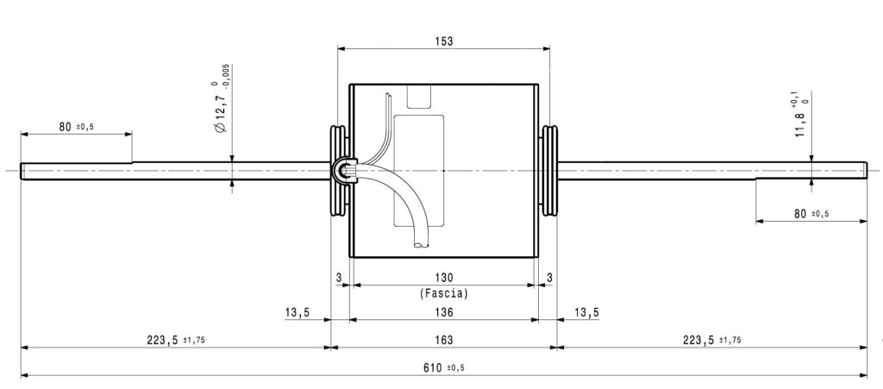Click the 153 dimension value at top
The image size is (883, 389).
click(x=443, y=41)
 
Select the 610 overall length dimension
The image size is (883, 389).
click(x=444, y=368)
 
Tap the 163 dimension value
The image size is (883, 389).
click(x=444, y=340)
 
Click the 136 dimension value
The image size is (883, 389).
click(x=444, y=312)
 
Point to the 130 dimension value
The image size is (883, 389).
click(x=444, y=277)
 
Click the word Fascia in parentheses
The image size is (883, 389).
click(x=444, y=293)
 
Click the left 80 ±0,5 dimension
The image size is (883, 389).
click(x=76, y=127)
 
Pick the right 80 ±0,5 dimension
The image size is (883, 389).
click(x=811, y=214)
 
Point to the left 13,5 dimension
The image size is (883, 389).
click(x=298, y=312)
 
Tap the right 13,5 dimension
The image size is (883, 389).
click(x=586, y=312)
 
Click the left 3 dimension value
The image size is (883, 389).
click(x=338, y=277)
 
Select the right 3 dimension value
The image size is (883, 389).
click(x=549, y=277)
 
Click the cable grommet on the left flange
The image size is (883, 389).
click(x=341, y=170)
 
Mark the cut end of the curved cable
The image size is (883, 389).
click(x=421, y=245)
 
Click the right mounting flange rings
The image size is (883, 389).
click(x=549, y=171)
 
